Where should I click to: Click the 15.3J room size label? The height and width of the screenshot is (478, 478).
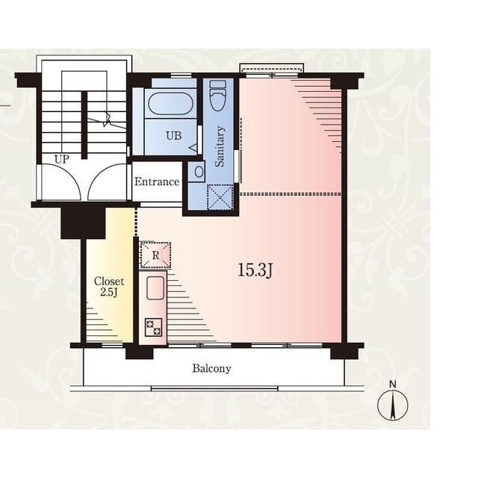[255, 270]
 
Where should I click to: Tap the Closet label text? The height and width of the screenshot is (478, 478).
[109, 281]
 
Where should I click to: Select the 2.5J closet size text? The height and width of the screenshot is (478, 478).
[109, 292]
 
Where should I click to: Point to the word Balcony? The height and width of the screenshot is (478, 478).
[211, 368]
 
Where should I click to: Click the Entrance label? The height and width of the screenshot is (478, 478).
[157, 181]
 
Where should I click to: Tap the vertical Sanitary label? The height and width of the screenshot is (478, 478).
[220, 146]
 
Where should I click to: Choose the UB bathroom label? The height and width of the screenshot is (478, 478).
[174, 135]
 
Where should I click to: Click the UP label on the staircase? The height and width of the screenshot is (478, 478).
[62, 159]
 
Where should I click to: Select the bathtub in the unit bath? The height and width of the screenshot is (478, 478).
[170, 104]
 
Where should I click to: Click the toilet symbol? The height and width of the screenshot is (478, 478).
[218, 96]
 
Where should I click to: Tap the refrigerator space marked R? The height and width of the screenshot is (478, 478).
[155, 255]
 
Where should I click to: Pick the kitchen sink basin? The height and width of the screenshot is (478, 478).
[155, 288]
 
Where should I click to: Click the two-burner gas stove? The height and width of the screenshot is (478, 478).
[153, 327]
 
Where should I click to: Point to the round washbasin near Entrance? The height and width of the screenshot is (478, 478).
[199, 173]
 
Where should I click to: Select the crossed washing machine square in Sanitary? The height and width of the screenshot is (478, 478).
[220, 197]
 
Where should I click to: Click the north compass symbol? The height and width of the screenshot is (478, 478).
[393, 406]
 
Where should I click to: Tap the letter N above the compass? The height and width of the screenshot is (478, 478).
[393, 385]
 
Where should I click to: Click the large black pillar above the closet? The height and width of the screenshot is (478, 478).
[83, 223]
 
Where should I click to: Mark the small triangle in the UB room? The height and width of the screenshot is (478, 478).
[193, 148]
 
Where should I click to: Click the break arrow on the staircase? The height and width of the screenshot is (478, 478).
[107, 119]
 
